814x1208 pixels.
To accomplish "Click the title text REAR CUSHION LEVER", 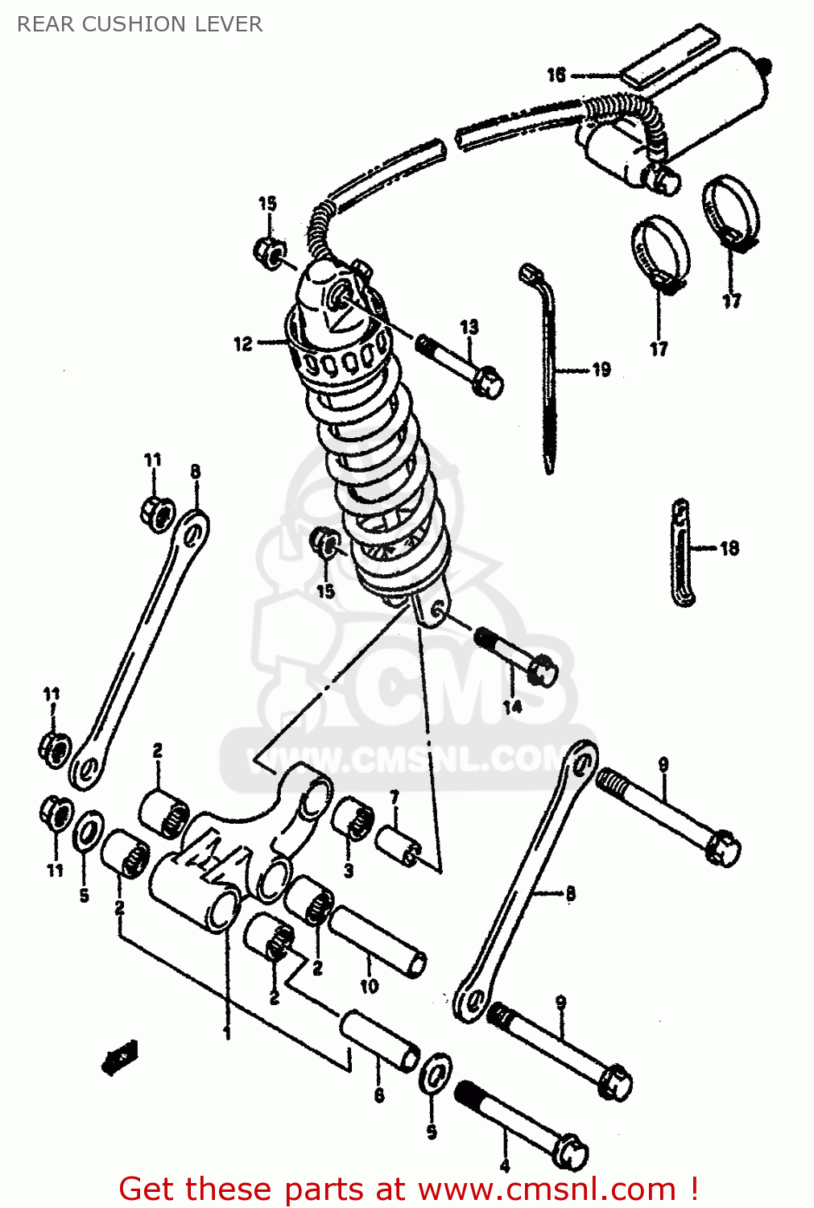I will tap(139, 24).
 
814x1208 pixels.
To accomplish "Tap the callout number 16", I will tap(556, 75).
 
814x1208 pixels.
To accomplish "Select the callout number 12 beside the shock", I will tap(243, 344).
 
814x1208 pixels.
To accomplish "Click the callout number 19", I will tap(601, 370).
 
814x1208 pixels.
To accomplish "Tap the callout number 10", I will tap(369, 986).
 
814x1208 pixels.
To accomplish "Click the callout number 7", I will tap(395, 797).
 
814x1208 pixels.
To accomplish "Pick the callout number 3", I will tap(348, 871).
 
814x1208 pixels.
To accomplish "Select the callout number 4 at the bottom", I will tap(505, 1165).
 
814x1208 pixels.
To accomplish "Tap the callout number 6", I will tap(378, 1095).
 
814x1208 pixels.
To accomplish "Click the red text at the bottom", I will tap(408, 1189).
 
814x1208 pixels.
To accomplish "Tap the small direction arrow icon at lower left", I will tap(120, 1057).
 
